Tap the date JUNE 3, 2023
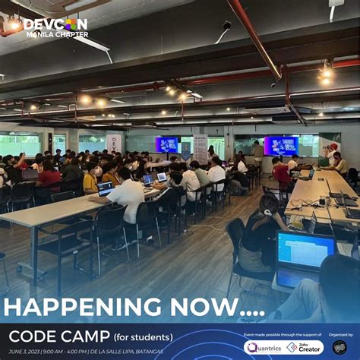point(22,351)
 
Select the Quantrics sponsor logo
point(263,347)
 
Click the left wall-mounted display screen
point(167,144)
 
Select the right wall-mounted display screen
point(281,145)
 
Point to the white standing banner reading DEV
point(114,144)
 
